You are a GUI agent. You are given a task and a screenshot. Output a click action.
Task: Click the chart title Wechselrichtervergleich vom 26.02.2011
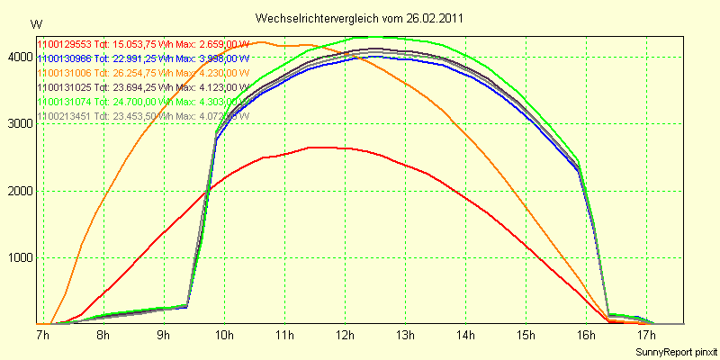tap(360, 18)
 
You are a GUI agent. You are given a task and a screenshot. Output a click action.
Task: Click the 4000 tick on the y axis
tap(18, 57)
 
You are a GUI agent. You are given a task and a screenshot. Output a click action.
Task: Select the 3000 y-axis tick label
tap(18, 124)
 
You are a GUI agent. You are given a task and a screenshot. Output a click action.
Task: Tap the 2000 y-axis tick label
tap(18, 191)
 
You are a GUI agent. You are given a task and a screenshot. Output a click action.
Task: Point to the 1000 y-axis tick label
tap(18, 258)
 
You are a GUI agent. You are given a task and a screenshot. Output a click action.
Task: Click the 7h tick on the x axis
tap(42, 336)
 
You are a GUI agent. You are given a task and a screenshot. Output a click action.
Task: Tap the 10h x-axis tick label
tap(223, 336)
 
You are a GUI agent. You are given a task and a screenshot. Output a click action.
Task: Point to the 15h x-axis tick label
tap(526, 336)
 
